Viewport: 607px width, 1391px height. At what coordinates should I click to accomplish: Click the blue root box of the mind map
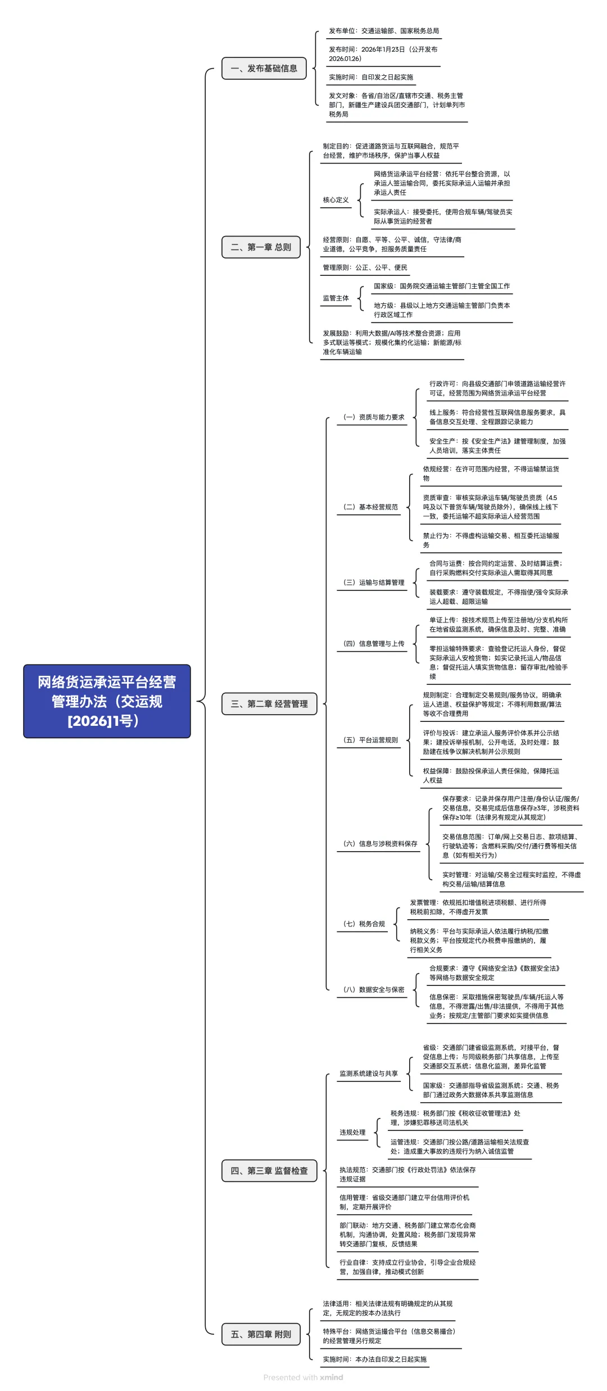[x=107, y=701]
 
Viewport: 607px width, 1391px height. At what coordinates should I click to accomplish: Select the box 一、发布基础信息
[x=264, y=69]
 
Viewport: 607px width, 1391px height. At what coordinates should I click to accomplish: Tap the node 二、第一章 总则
[x=261, y=247]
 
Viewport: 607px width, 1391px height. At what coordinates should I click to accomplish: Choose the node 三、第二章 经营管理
[x=269, y=704]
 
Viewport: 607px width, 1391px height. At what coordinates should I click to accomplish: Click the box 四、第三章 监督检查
[x=269, y=1171]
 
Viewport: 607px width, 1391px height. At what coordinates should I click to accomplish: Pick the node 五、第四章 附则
[x=261, y=1334]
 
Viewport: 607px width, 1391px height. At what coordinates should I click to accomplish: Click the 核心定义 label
[x=336, y=200]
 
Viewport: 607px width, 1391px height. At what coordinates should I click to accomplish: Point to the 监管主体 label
[x=336, y=298]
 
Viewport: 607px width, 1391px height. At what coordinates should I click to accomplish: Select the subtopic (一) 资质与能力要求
[x=374, y=417]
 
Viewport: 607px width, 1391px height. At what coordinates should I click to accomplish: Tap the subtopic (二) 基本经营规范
[x=370, y=507]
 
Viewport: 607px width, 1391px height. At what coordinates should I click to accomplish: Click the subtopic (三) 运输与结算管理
[x=374, y=583]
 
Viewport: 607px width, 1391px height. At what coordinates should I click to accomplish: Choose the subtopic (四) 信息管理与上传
[x=374, y=644]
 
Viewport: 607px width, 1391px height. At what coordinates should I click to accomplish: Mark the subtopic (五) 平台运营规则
[x=370, y=740]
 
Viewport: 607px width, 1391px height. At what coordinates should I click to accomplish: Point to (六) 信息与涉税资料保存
[x=380, y=844]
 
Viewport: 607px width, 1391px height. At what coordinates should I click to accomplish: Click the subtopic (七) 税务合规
[x=364, y=924]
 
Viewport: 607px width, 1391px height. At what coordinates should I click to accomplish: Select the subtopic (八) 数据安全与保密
[x=374, y=990]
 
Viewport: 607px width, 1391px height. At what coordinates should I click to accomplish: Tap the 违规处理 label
[x=352, y=1133]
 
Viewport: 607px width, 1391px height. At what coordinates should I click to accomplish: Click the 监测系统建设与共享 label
[x=368, y=1074]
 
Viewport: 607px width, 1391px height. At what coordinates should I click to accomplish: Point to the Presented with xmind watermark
[x=303, y=1378]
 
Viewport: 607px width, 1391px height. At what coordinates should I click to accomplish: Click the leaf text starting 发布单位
[x=384, y=31]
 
